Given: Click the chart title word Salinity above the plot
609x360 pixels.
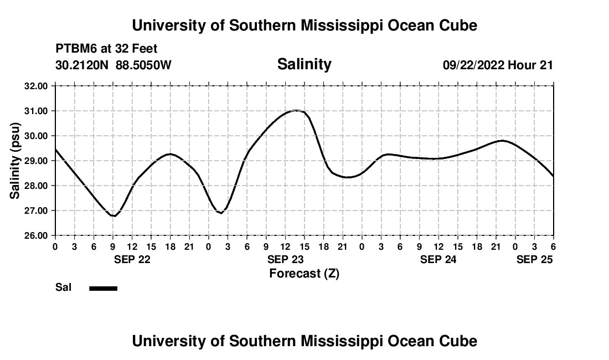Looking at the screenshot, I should pos(304,64).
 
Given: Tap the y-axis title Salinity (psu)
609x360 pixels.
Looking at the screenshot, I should pos(15,160).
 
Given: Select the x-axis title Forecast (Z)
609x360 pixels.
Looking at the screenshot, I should pos(304,273).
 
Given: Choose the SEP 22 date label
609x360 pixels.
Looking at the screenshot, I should pos(132,259).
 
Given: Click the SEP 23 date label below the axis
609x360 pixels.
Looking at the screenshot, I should pos(285,259).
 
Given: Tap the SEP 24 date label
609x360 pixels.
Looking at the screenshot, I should pos(438,259).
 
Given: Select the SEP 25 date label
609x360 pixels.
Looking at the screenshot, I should pos(534,259).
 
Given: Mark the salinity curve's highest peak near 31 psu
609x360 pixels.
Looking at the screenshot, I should pos(296,111).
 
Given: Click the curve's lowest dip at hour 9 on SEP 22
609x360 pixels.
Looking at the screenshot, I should pos(113,215).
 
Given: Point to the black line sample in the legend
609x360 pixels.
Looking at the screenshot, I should pos(103,288).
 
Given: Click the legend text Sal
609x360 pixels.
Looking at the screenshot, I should pos(63,287).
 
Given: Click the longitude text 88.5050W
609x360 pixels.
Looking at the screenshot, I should pos(144,65).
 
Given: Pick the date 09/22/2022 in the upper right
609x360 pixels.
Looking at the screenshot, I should pos(473,65).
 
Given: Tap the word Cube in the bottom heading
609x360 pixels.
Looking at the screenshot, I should pos(460,341).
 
